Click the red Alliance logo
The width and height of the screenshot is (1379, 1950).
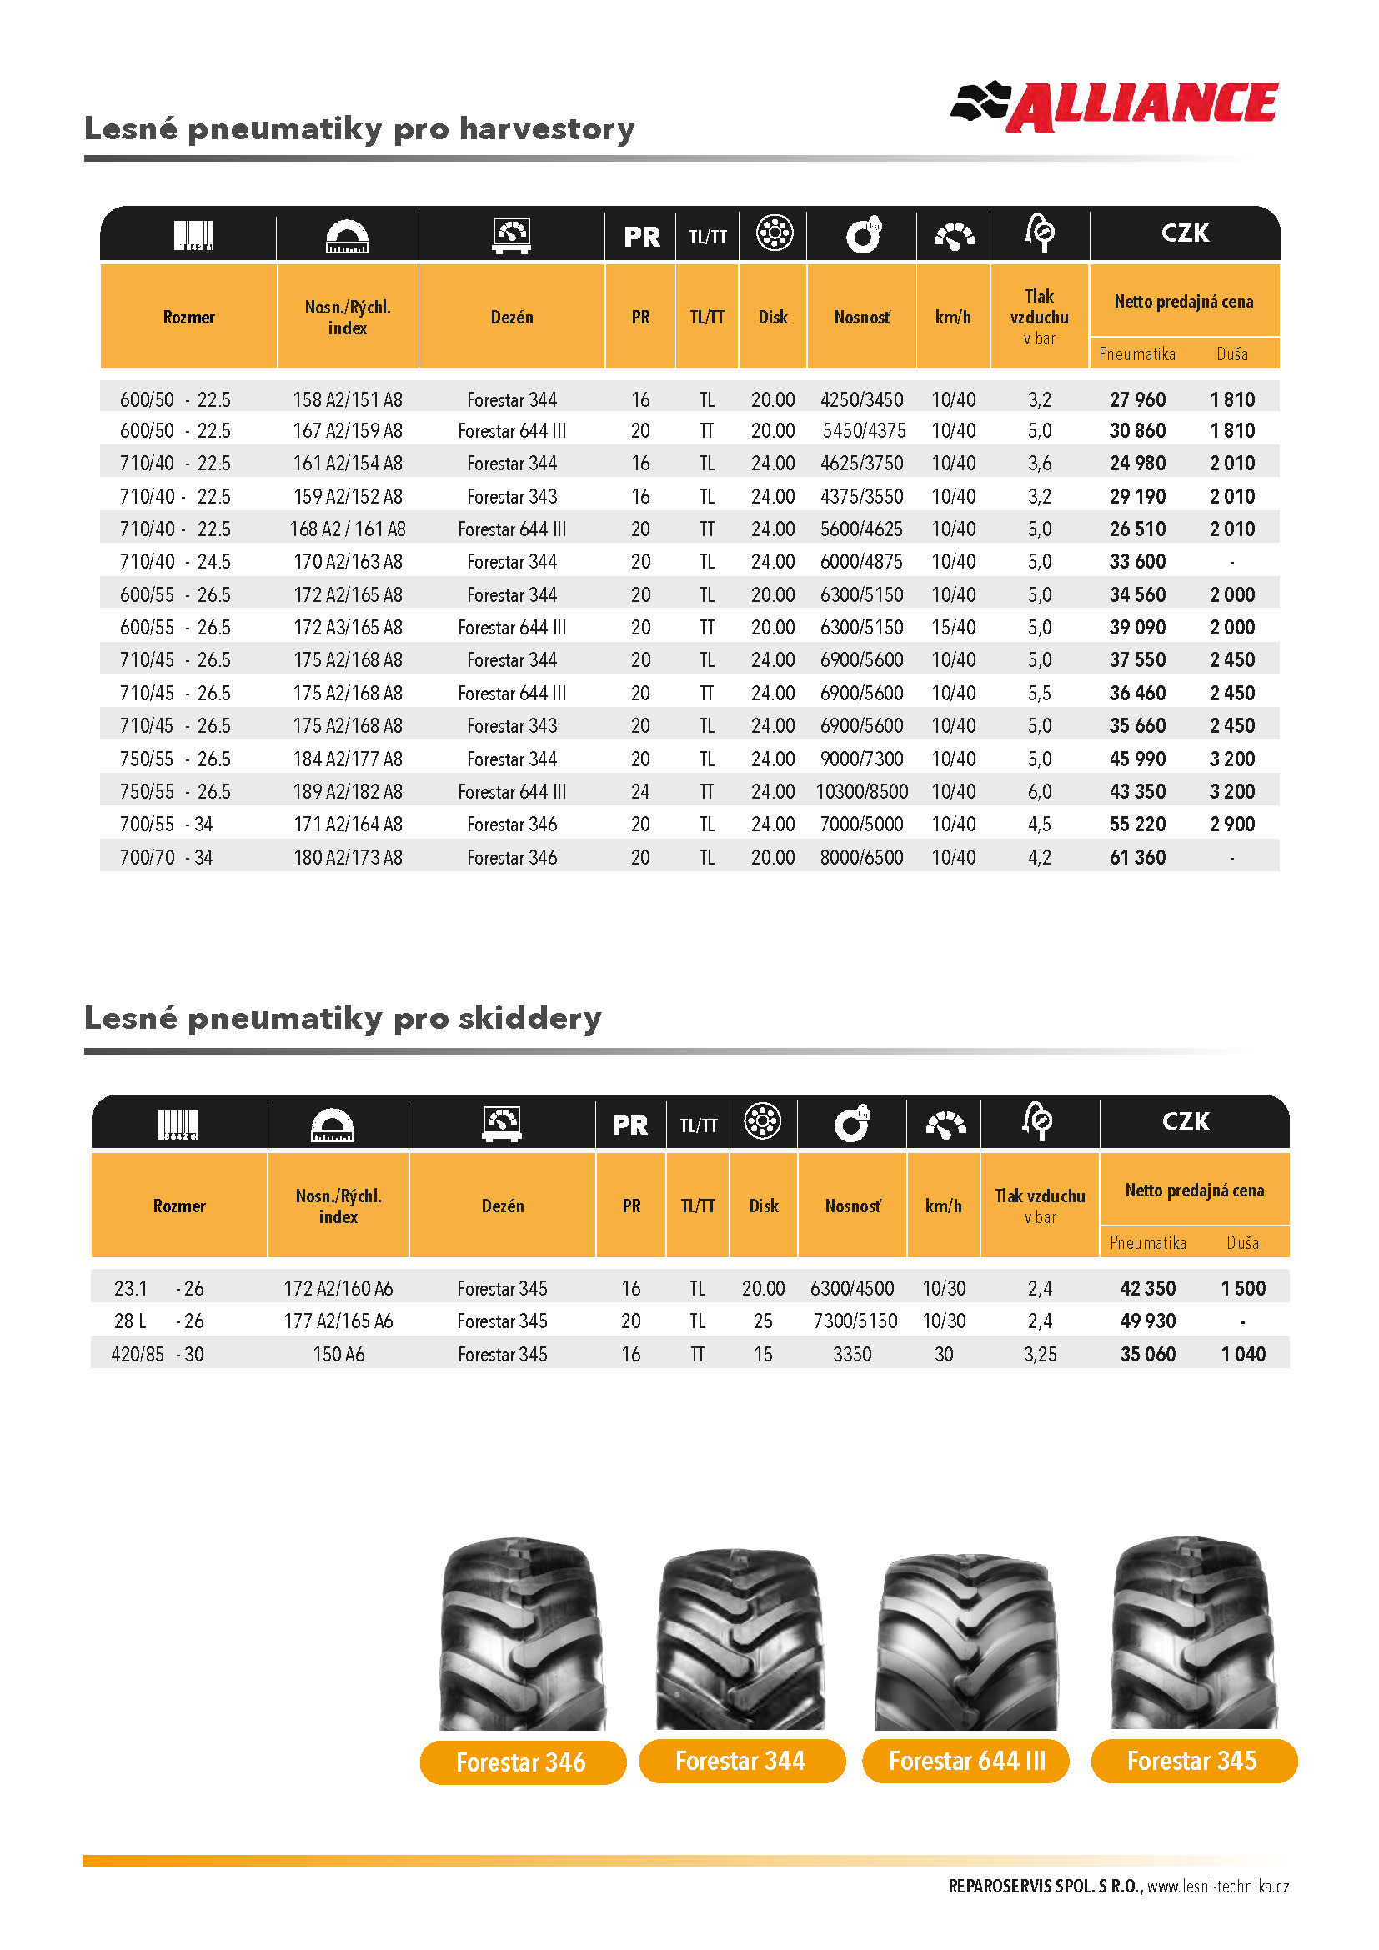tap(1114, 106)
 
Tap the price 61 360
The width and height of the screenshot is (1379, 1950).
tap(1137, 857)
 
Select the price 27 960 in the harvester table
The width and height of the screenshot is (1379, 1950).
tap(1137, 399)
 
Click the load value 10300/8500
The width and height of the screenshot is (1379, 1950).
tap(861, 791)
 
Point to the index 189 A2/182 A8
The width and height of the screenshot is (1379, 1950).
tap(348, 791)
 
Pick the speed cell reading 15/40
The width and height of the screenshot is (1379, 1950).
tap(953, 628)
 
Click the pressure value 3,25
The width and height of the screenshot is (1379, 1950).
tap(1040, 1354)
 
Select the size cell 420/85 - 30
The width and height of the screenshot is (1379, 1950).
tap(157, 1354)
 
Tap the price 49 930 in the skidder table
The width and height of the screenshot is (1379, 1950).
tap(1147, 1321)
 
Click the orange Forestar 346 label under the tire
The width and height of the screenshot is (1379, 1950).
tap(520, 1762)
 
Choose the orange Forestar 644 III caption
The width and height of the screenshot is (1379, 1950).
tap(966, 1762)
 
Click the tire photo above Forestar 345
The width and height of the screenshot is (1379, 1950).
tap(1192, 1634)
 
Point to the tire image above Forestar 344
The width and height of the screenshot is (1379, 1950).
tap(740, 1638)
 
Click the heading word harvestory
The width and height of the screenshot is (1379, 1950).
tap(547, 128)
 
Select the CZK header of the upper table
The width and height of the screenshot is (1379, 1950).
tap(1185, 233)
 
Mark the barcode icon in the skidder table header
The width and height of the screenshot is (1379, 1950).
tap(178, 1125)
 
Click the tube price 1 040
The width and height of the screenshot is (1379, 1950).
tap(1242, 1354)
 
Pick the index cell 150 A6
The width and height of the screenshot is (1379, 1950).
tap(338, 1354)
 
